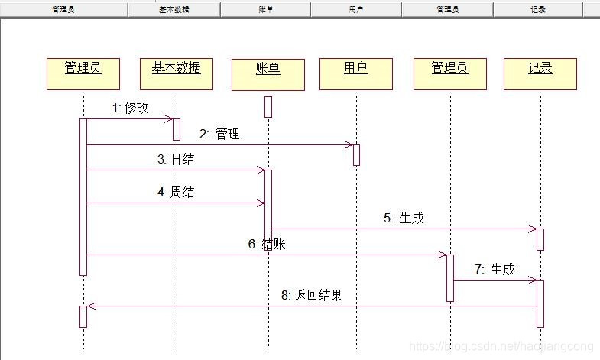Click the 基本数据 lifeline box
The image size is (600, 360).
pos(176,73)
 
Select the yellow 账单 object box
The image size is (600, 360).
pos(268,74)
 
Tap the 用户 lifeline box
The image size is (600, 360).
pos(355,73)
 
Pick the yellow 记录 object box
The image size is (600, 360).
pos(540,73)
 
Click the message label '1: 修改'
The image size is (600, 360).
pos(131,108)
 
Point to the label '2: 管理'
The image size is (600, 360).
pos(219,134)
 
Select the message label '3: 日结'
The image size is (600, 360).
pos(176,159)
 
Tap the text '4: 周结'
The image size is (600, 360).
pos(176,192)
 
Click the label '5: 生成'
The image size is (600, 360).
pos(404,218)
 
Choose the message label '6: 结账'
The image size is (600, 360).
pos(267,244)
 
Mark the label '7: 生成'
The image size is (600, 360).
pos(495,269)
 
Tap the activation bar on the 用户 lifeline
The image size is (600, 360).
pos(356,154)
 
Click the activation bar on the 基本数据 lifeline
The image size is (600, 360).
pos(177,129)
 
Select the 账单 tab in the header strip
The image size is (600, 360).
pos(265,10)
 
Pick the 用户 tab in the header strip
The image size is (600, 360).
pos(355,10)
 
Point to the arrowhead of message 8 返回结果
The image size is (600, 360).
pos(91,306)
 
